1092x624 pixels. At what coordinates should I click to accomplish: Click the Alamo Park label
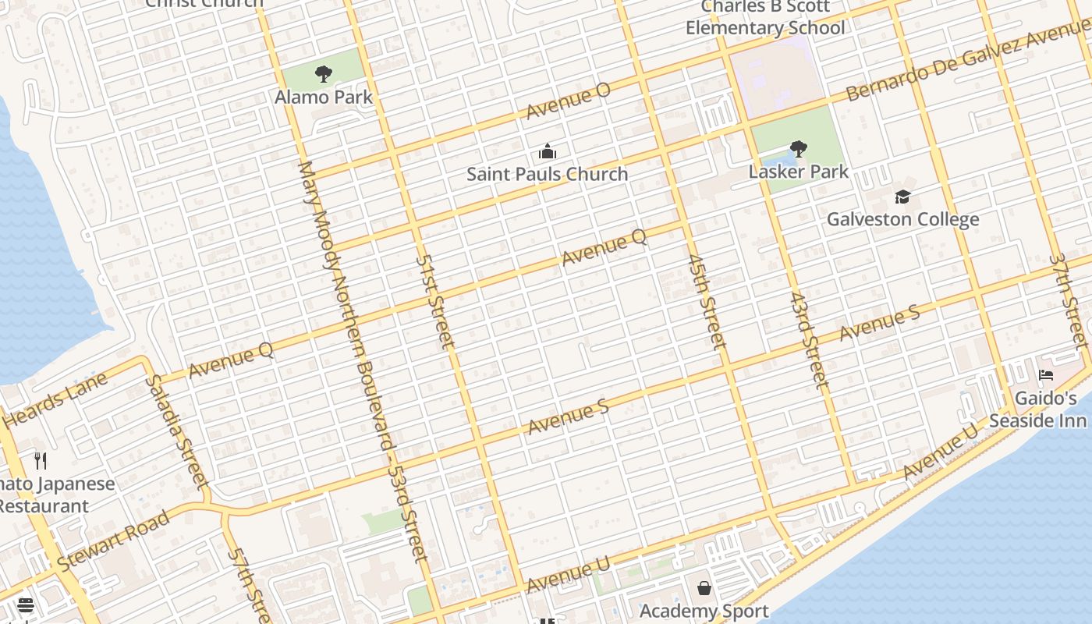[x=324, y=97]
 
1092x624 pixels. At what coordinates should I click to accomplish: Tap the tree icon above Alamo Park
[x=324, y=74]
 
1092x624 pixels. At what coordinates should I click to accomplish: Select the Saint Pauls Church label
[x=547, y=174]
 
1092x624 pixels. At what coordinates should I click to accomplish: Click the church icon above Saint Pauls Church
[x=548, y=151]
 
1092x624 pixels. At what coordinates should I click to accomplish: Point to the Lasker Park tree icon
[x=798, y=148]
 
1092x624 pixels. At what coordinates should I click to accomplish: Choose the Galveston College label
[x=902, y=219]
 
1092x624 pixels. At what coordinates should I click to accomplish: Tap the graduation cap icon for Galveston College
[x=902, y=196]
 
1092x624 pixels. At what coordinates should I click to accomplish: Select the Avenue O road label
[x=568, y=101]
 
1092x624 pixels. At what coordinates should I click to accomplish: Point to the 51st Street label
[x=434, y=300]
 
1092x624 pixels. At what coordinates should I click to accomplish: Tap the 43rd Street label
[x=808, y=341]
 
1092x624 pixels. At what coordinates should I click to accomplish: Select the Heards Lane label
[x=55, y=400]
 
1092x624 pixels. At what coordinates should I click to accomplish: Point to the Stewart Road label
[x=114, y=540]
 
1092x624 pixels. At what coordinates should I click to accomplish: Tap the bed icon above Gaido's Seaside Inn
[x=1046, y=375]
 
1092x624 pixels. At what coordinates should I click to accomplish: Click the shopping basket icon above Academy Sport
[x=704, y=587]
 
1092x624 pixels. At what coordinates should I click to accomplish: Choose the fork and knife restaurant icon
[x=41, y=460]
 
